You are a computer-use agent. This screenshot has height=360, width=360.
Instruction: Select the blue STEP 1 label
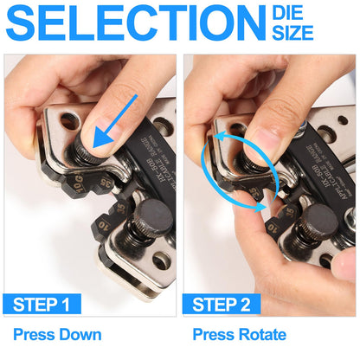[42, 304]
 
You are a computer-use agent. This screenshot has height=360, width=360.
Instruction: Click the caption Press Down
[57, 334]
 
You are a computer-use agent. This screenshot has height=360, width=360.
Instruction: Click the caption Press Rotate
[239, 334]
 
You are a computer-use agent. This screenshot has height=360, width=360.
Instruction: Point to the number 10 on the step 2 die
[275, 228]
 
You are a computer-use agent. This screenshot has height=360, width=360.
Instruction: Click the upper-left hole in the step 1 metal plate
[68, 120]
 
